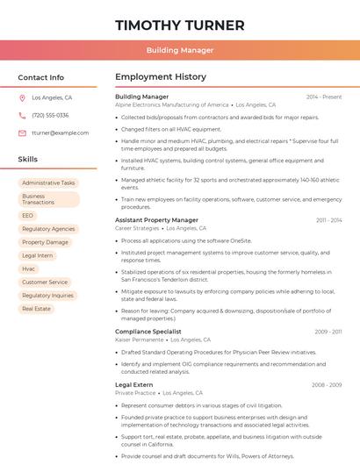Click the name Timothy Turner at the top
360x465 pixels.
[179, 24]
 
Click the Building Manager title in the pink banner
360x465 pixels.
[179, 51]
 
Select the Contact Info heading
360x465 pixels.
[41, 77]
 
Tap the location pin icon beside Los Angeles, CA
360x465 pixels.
[22, 98]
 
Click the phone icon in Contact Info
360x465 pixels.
[22, 115]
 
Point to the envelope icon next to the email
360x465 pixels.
[22, 132]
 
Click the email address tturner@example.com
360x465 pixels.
[61, 132]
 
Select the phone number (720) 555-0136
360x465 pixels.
[50, 115]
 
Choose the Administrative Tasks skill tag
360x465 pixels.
[49, 182]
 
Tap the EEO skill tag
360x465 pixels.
[28, 215]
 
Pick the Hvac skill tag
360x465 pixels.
[29, 268]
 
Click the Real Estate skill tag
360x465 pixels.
[37, 309]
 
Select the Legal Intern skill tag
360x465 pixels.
[38, 255]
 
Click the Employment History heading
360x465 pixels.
[161, 77]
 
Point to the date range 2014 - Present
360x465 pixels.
[324, 97]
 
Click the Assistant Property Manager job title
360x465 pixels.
[156, 220]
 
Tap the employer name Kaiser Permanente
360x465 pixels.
[139, 340]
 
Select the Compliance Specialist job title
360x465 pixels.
[148, 332]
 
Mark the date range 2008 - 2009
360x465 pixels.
[327, 384]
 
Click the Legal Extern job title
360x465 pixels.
[134, 384]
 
